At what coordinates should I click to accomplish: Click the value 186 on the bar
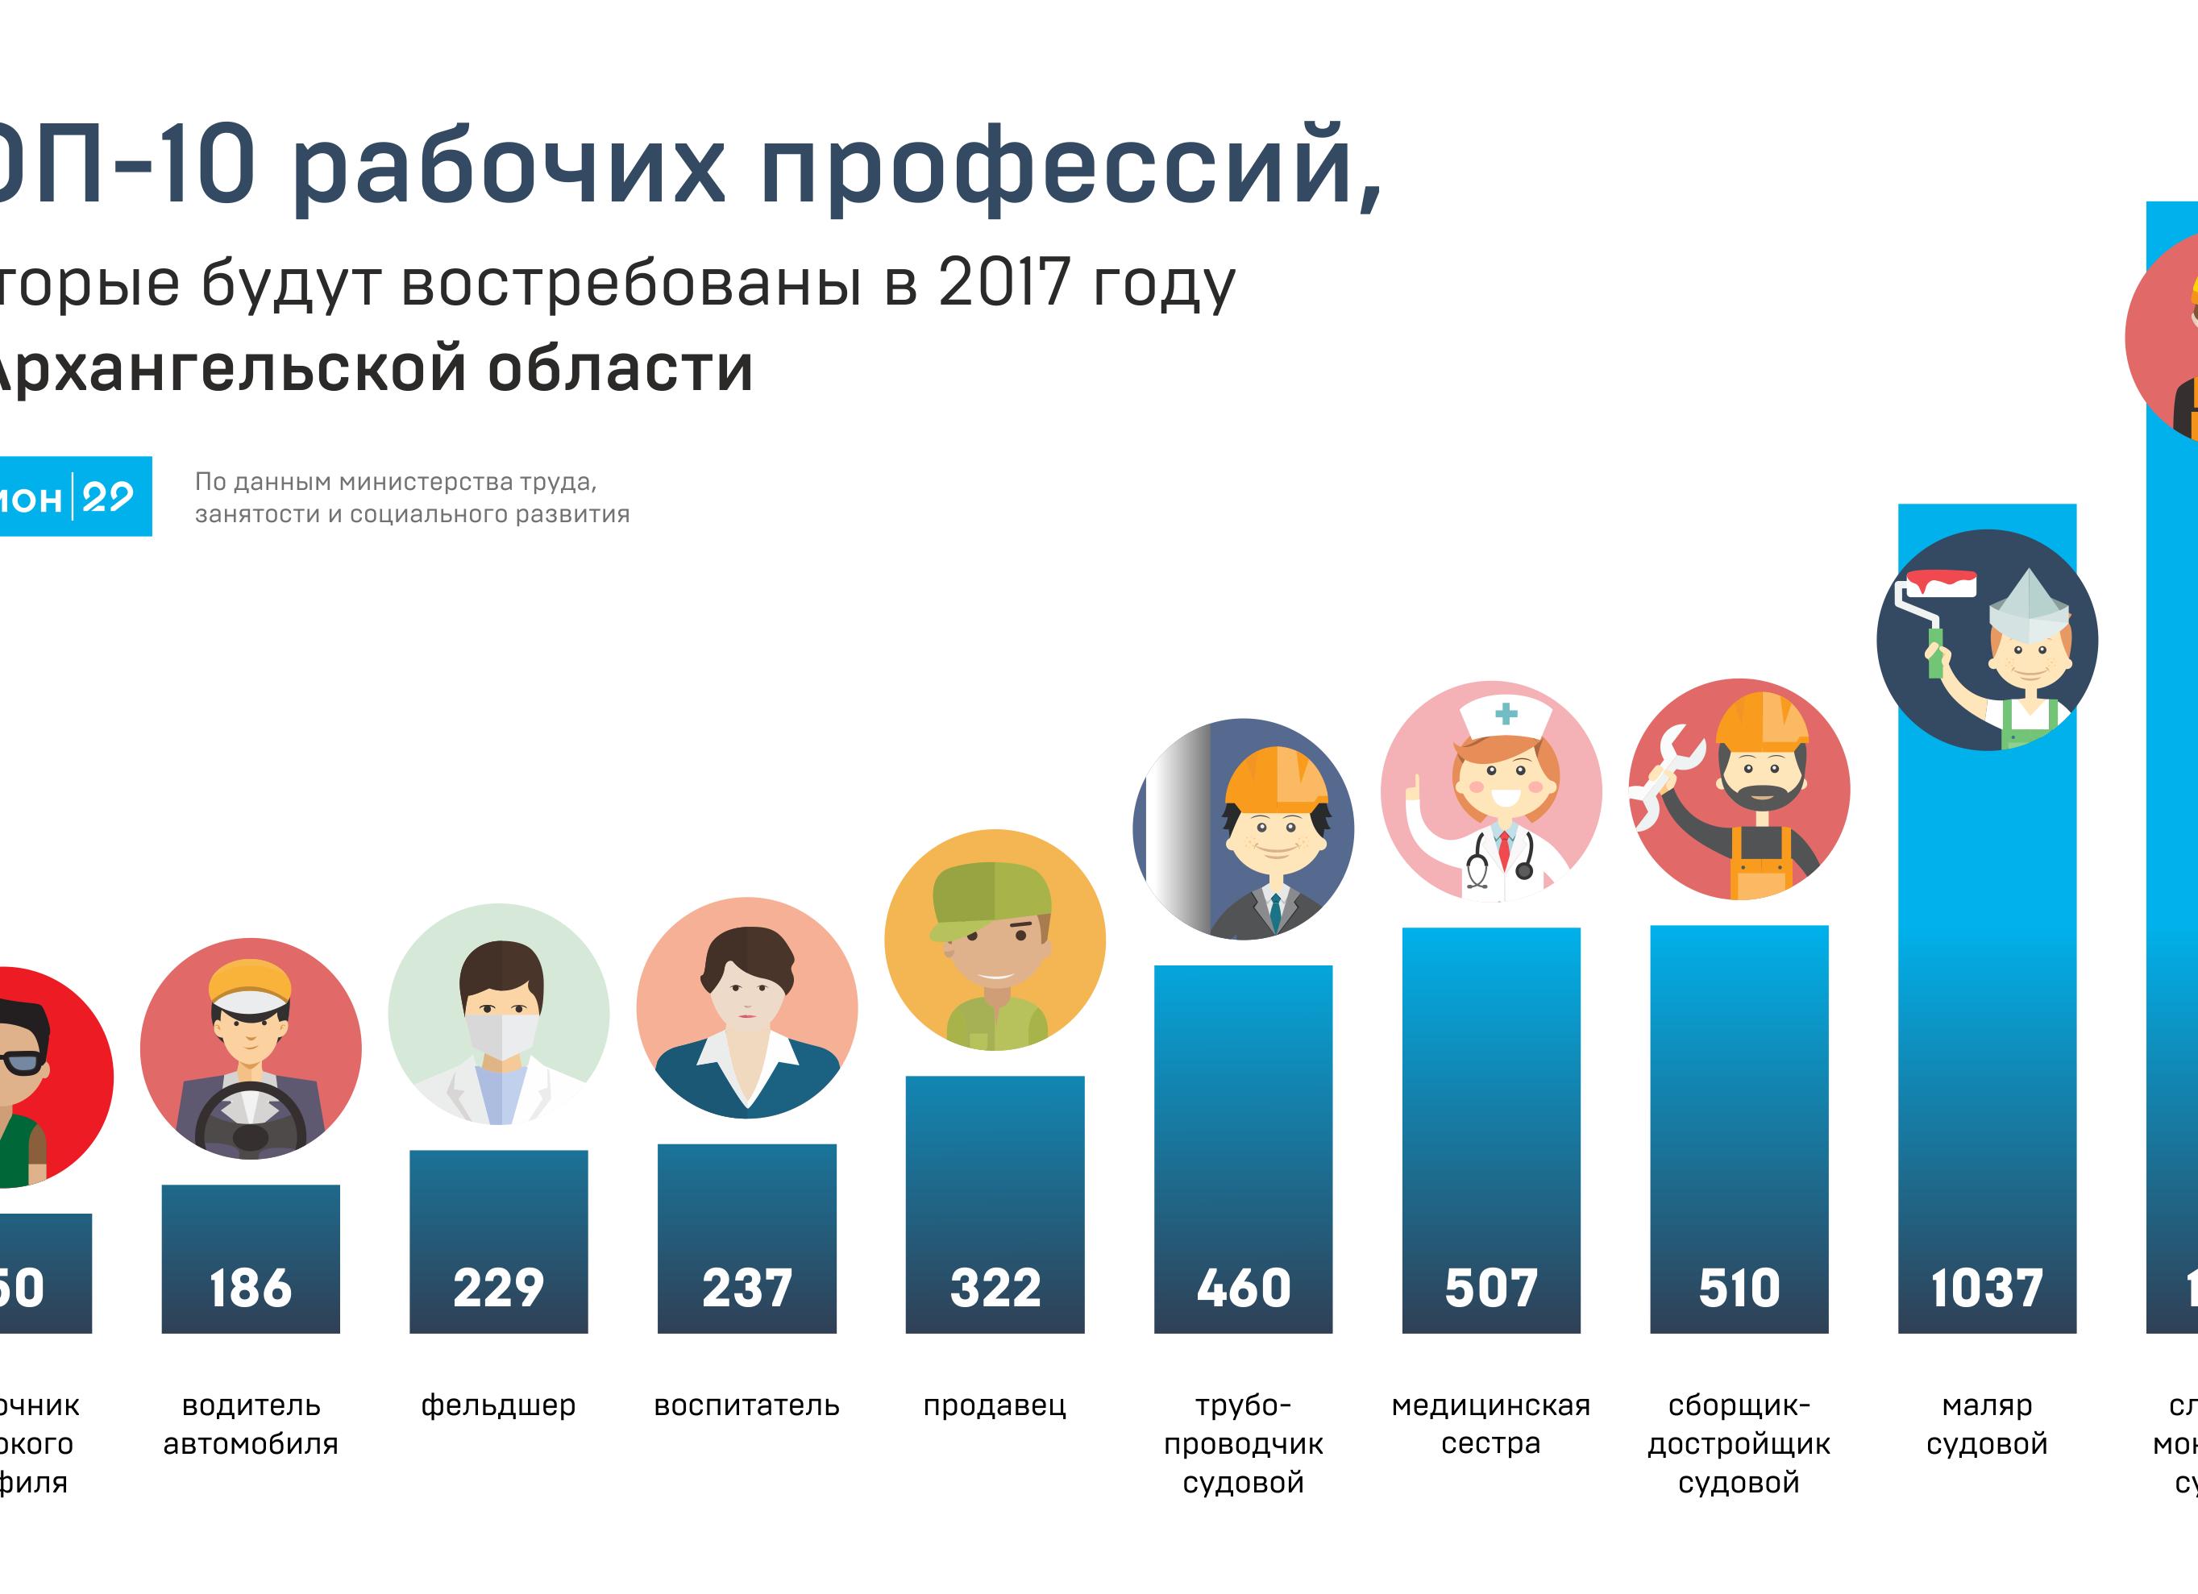point(250,1288)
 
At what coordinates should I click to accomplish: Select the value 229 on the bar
point(498,1288)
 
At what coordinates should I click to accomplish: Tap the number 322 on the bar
point(995,1288)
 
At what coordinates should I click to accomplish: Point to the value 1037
point(1987,1288)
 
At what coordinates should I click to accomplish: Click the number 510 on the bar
point(1739,1288)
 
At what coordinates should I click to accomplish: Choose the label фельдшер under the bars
point(498,1405)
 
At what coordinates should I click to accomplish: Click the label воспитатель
point(746,1405)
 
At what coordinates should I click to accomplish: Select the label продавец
point(995,1405)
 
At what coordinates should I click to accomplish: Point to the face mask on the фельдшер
point(501,1033)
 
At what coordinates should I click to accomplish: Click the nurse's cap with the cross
point(1505,717)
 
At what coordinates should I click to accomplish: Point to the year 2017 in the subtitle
point(1004,283)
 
